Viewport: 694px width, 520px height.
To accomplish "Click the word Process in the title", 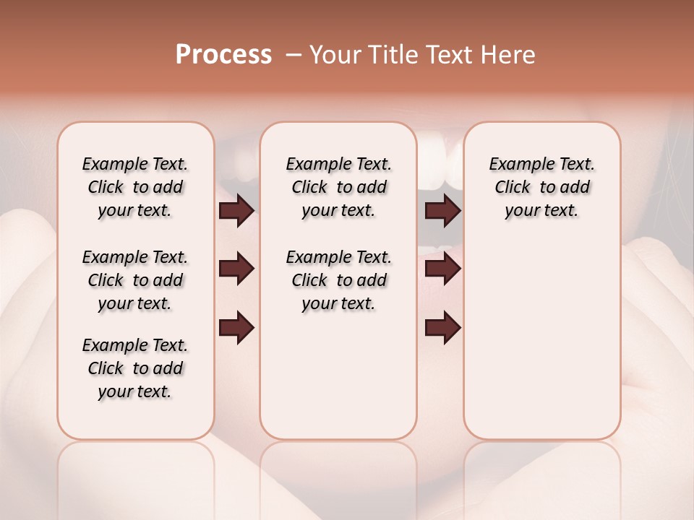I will pos(223,55).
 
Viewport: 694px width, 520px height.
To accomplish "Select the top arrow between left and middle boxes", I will pos(236,211).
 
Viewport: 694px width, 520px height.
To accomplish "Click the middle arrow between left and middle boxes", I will pos(236,269).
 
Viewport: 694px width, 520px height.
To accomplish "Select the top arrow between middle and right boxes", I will pos(443,211).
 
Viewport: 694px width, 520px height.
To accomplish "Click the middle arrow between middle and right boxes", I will pos(443,269).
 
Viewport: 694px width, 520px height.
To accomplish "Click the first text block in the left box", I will pos(135,187).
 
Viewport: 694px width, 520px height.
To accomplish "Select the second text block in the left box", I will pos(135,280).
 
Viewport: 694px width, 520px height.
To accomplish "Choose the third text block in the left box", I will pos(135,368).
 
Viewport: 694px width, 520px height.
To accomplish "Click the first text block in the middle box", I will pos(338,187).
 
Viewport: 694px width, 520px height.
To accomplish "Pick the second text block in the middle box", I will pos(338,280).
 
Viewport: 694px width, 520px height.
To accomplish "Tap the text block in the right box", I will pos(541,187).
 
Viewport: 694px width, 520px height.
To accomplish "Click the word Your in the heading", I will pos(333,55).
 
